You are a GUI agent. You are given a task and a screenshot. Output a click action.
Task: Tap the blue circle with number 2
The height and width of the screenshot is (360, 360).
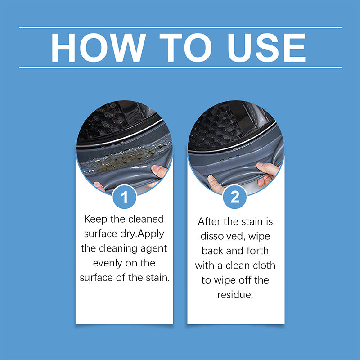[235, 197]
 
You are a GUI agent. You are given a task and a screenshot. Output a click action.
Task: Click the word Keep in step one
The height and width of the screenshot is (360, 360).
[95, 219]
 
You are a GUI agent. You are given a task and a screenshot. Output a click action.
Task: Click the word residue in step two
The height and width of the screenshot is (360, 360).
[235, 294]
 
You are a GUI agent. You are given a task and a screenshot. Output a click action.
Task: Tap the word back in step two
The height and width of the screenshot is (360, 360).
[216, 251]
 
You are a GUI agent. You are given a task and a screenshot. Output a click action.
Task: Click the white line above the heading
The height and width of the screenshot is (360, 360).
[180, 27]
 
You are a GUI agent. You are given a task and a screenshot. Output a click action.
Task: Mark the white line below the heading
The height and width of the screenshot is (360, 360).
[180, 67]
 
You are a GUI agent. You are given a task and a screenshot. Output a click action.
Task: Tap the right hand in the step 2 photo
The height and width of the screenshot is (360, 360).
[269, 173]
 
